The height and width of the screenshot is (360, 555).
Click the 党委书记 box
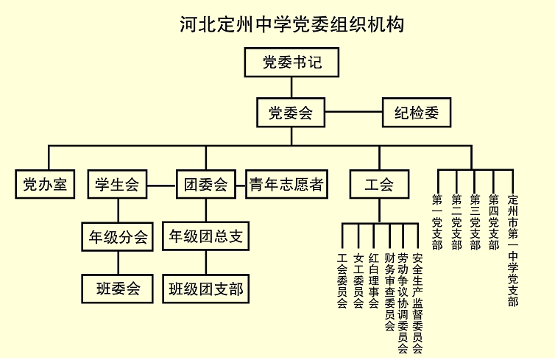click(291, 63)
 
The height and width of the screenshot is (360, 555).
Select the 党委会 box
click(291, 113)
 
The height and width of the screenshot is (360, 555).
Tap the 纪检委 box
click(417, 113)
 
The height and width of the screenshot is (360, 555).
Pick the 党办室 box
click(45, 184)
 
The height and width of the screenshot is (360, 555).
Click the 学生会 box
click(117, 184)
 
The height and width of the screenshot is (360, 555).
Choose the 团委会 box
click(206, 184)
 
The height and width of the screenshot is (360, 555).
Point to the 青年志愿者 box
click(287, 184)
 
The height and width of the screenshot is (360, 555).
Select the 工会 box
click(379, 184)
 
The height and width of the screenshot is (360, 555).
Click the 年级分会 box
click(118, 237)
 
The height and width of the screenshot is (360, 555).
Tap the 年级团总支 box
click(206, 236)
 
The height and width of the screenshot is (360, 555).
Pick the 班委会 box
click(118, 289)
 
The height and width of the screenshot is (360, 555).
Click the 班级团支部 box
click(206, 289)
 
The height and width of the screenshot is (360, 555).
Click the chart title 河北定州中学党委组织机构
click(292, 24)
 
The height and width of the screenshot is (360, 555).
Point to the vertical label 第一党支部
click(437, 222)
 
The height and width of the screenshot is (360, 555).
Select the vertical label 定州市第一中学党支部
click(513, 250)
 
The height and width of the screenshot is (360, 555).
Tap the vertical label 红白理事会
click(374, 280)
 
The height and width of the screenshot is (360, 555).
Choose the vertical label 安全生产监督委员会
click(417, 303)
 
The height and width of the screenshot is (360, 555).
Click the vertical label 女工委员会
click(358, 280)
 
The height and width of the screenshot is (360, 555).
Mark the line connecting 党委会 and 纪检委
click(353, 112)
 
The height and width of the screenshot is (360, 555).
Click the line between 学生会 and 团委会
click(162, 185)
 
